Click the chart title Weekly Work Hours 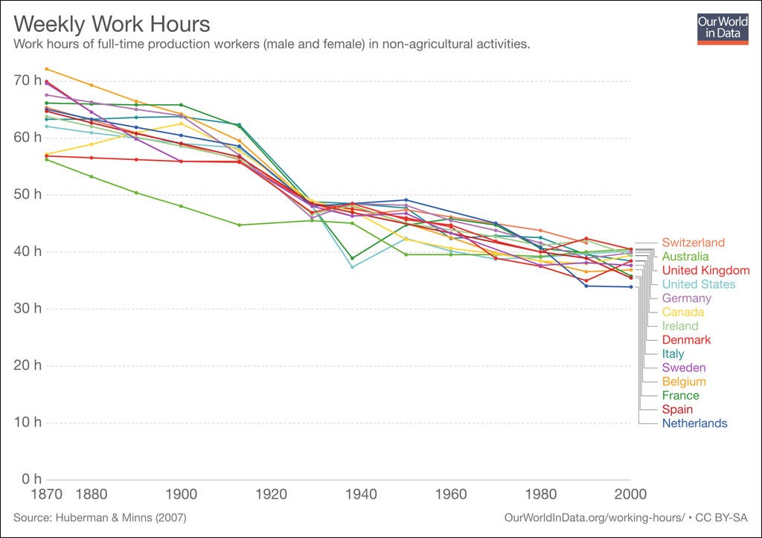click(112, 25)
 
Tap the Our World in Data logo click(722, 28)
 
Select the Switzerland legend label click(693, 243)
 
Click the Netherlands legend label click(694, 423)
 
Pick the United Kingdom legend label click(705, 270)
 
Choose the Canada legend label click(682, 312)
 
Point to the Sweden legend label click(684, 368)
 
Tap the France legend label click(680, 396)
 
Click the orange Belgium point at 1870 click(46, 69)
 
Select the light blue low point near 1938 click(352, 266)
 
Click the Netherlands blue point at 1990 click(586, 286)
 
